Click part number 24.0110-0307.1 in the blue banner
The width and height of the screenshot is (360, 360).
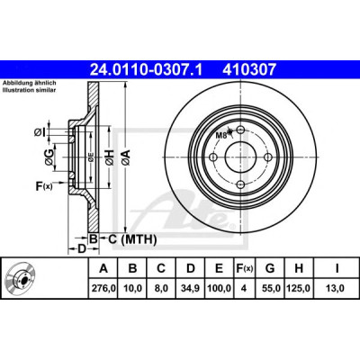[146, 70]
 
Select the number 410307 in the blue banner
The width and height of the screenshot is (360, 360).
[248, 70]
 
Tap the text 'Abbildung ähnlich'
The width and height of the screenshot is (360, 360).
[30, 84]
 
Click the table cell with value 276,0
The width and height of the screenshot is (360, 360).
[103, 288]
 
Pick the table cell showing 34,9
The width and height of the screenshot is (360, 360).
[191, 288]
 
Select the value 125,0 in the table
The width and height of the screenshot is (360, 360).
[299, 288]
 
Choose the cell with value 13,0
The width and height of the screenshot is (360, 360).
[337, 288]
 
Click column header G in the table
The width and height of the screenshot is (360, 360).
[270, 268]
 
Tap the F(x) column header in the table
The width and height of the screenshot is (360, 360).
[245, 268]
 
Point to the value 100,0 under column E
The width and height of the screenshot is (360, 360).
[220, 288]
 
